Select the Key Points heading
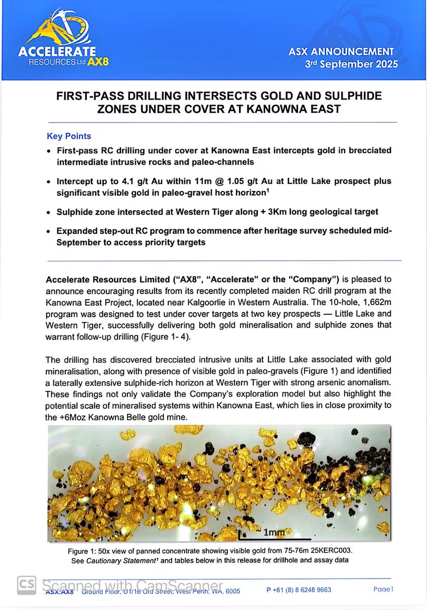coord(69,136)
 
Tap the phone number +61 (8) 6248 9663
coord(299,590)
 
